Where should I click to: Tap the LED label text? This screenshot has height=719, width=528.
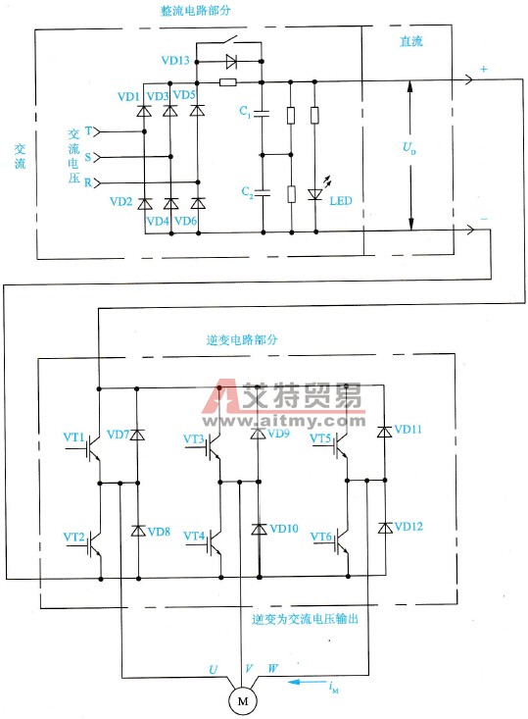coord(341,201)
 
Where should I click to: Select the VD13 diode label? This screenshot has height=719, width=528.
coord(175,60)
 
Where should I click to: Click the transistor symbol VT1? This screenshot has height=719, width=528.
coord(95,447)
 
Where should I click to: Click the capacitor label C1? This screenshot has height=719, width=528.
coord(246,116)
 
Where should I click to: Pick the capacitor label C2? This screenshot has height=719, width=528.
coord(246,194)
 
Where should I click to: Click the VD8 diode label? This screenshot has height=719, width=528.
coord(159,532)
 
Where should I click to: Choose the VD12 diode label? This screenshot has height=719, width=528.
coord(409,527)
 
